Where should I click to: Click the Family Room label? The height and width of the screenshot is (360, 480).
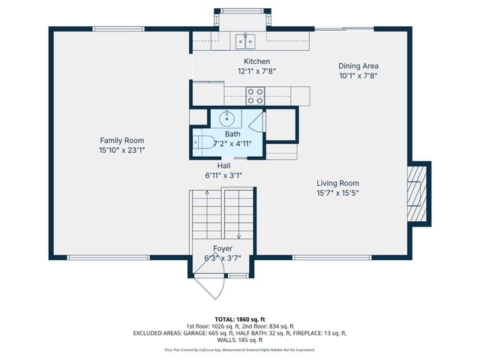pyautogui.click(x=122, y=140)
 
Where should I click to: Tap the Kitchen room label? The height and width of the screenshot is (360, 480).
pyautogui.click(x=256, y=61)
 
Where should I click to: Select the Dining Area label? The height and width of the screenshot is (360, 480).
pyautogui.click(x=358, y=66)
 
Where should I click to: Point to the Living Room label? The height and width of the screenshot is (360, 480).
pyautogui.click(x=337, y=183)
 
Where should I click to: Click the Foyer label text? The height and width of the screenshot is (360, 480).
pyautogui.click(x=222, y=248)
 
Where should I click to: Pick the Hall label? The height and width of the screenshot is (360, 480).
pyautogui.click(x=223, y=165)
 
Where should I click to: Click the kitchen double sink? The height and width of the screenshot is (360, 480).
pyautogui.click(x=244, y=40)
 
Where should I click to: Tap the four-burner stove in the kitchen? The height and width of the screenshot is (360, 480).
pyautogui.click(x=256, y=95)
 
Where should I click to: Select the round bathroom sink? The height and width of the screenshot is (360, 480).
pyautogui.click(x=227, y=118)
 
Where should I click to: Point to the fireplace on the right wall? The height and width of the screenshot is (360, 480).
pyautogui.click(x=418, y=193)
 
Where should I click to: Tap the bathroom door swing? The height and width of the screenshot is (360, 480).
pyautogui.click(x=256, y=119)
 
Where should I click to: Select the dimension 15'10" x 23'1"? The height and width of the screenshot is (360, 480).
pyautogui.click(x=122, y=150)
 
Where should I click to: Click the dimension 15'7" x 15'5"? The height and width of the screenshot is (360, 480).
pyautogui.click(x=337, y=193)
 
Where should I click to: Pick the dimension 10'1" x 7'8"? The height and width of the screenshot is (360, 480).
pyautogui.click(x=358, y=76)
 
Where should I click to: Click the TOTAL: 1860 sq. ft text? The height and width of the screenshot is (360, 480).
pyautogui.click(x=239, y=319)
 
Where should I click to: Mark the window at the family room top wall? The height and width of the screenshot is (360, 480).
pyautogui.click(x=117, y=29)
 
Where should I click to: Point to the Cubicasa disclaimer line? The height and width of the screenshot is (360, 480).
pyautogui.click(x=239, y=349)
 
